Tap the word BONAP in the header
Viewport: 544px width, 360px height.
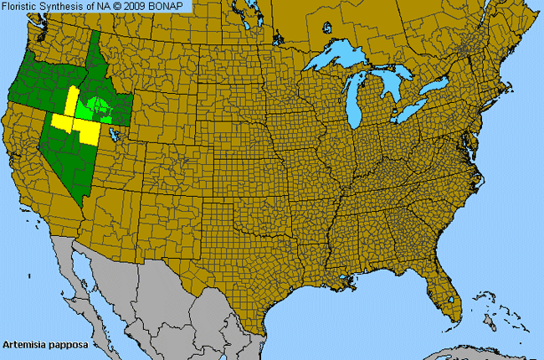[170, 6]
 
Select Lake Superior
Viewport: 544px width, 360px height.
[339, 64]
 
